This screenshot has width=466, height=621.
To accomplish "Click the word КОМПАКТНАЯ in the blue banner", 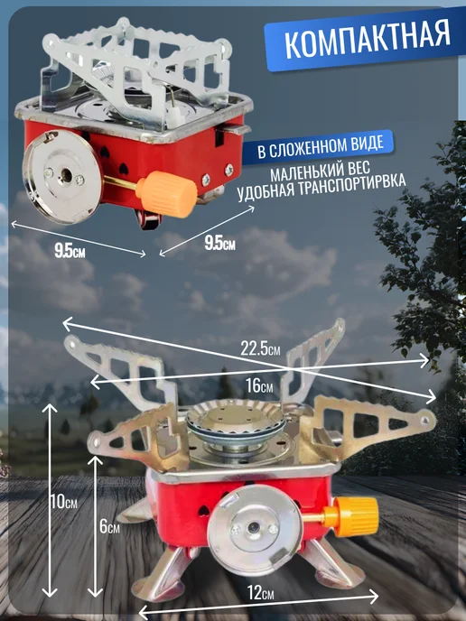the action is tap(368, 39).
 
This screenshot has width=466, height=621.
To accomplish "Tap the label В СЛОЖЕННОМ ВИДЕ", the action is tap(321, 146).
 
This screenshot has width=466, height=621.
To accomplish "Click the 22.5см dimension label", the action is tap(260, 348).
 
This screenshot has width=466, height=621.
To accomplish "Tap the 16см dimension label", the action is tap(259, 385).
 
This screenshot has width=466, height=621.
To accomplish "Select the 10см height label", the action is tap(63, 502).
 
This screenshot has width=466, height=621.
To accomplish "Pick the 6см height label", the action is tap(109, 527).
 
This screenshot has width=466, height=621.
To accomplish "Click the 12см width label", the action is tap(261, 594).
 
